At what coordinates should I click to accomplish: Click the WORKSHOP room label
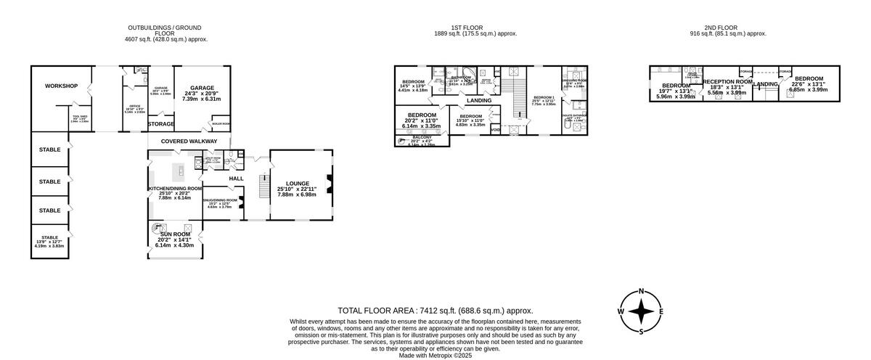[x=61, y=86]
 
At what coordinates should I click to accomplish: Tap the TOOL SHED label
[x=80, y=116]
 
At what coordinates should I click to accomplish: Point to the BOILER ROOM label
[x=221, y=123]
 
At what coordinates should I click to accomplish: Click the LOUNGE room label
[x=297, y=184]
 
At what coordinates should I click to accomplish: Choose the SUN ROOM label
[x=175, y=234]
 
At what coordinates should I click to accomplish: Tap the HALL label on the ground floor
[x=236, y=179]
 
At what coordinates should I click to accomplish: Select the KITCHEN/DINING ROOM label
[x=175, y=188]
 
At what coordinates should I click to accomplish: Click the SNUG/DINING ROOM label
[x=221, y=200]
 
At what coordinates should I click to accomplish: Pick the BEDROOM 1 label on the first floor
[x=544, y=97]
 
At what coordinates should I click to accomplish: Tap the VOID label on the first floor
[x=495, y=130]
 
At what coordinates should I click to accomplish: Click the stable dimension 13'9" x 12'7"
[x=49, y=242]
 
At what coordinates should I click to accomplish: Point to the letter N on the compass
[x=642, y=291]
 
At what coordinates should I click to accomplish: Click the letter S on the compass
[x=642, y=332]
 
